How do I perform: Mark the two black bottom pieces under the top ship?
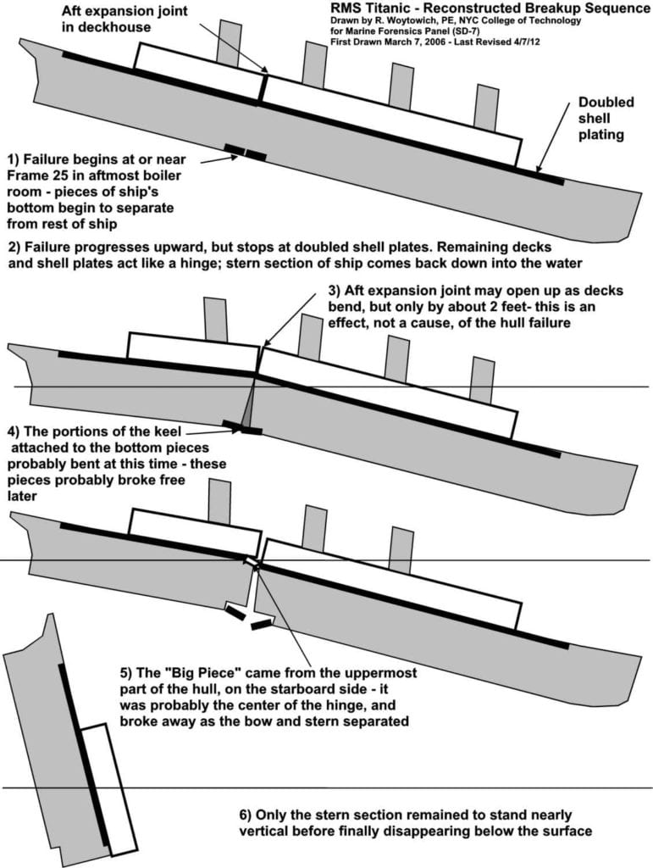245,153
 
